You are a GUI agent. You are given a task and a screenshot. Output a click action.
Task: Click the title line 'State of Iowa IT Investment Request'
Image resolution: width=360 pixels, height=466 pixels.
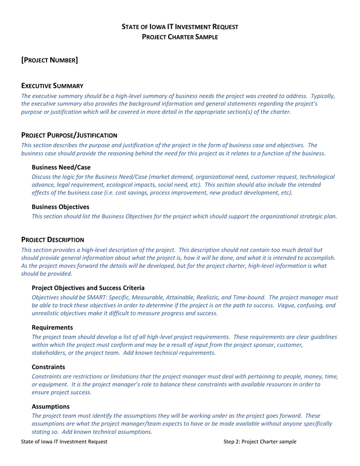179,26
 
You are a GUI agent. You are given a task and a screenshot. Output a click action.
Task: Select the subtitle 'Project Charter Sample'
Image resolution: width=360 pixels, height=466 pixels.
179,37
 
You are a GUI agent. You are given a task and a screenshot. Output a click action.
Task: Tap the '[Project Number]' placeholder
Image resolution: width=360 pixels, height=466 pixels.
50,61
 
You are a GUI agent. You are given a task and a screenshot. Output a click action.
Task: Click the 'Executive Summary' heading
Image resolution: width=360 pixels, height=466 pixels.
52,85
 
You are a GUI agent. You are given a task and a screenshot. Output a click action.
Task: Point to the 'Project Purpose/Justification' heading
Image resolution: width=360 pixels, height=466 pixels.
69,135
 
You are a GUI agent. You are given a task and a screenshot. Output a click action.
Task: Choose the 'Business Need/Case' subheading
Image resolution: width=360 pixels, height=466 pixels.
61,167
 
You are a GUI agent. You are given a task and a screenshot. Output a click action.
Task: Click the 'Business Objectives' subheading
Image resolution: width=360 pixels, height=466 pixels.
60,207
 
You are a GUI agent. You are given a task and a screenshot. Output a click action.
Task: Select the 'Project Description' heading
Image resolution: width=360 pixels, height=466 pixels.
52,240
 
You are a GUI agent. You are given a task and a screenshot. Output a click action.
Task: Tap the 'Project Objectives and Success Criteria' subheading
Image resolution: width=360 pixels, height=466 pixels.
88,287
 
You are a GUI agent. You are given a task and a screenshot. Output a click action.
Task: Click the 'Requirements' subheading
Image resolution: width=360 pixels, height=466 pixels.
52,327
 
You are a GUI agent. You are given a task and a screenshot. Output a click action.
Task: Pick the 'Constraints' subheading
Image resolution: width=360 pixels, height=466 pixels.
48,367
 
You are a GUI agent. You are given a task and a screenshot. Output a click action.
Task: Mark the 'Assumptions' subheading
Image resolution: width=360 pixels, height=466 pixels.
50,406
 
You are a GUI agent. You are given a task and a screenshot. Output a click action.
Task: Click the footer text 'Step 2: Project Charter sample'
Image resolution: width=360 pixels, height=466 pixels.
260,442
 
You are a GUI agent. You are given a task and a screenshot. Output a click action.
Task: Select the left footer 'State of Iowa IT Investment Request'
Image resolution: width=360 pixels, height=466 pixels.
64,442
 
